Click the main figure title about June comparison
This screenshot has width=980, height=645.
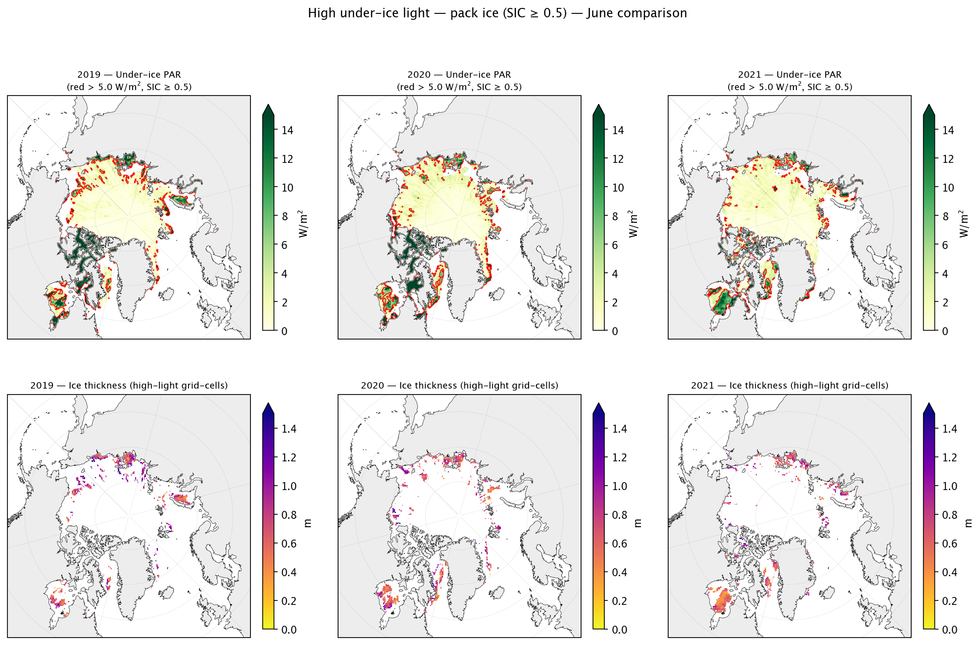(x=497, y=13)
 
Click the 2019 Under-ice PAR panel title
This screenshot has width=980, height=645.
(x=129, y=81)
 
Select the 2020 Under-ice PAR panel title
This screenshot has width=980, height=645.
(x=459, y=81)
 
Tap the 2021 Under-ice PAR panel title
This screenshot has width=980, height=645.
(x=790, y=81)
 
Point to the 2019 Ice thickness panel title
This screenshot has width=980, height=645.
(x=129, y=386)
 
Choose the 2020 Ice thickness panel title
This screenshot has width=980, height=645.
(x=459, y=386)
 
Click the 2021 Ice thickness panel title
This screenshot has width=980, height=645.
(x=790, y=386)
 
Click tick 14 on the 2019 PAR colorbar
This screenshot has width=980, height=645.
(x=288, y=131)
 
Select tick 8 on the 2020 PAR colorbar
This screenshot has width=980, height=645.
(x=615, y=217)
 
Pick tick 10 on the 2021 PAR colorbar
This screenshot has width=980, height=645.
(x=948, y=188)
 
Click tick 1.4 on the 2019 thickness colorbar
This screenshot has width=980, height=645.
(x=289, y=429)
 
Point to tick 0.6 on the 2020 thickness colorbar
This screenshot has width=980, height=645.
(x=620, y=544)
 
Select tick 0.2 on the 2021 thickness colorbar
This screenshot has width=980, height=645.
(x=950, y=601)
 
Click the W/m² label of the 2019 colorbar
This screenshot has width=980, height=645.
(x=303, y=224)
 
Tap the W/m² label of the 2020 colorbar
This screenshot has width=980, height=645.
(x=634, y=224)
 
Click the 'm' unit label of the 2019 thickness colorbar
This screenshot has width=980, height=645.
(x=307, y=523)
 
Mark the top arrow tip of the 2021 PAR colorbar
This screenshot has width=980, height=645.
(x=929, y=104)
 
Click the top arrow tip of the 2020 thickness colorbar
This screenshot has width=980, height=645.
(x=599, y=403)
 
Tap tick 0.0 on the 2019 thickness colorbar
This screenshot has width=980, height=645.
(x=289, y=630)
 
